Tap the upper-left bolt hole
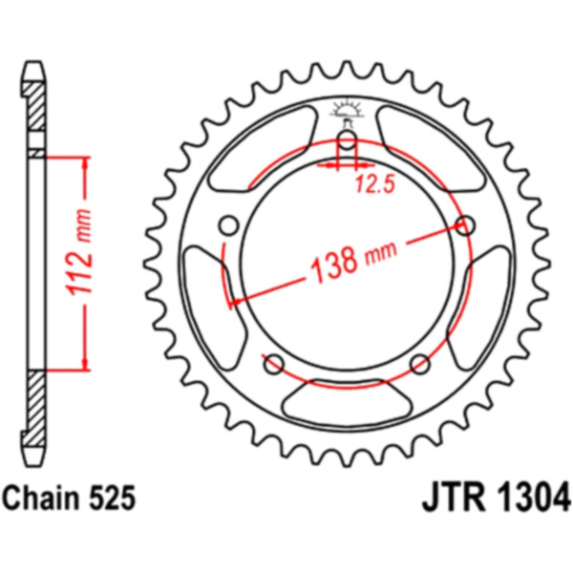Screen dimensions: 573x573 coord(228,225)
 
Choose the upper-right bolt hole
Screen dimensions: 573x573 coord(467,226)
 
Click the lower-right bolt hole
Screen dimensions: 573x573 coord(419,363)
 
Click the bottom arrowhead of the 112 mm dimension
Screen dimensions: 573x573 coord(84,361)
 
